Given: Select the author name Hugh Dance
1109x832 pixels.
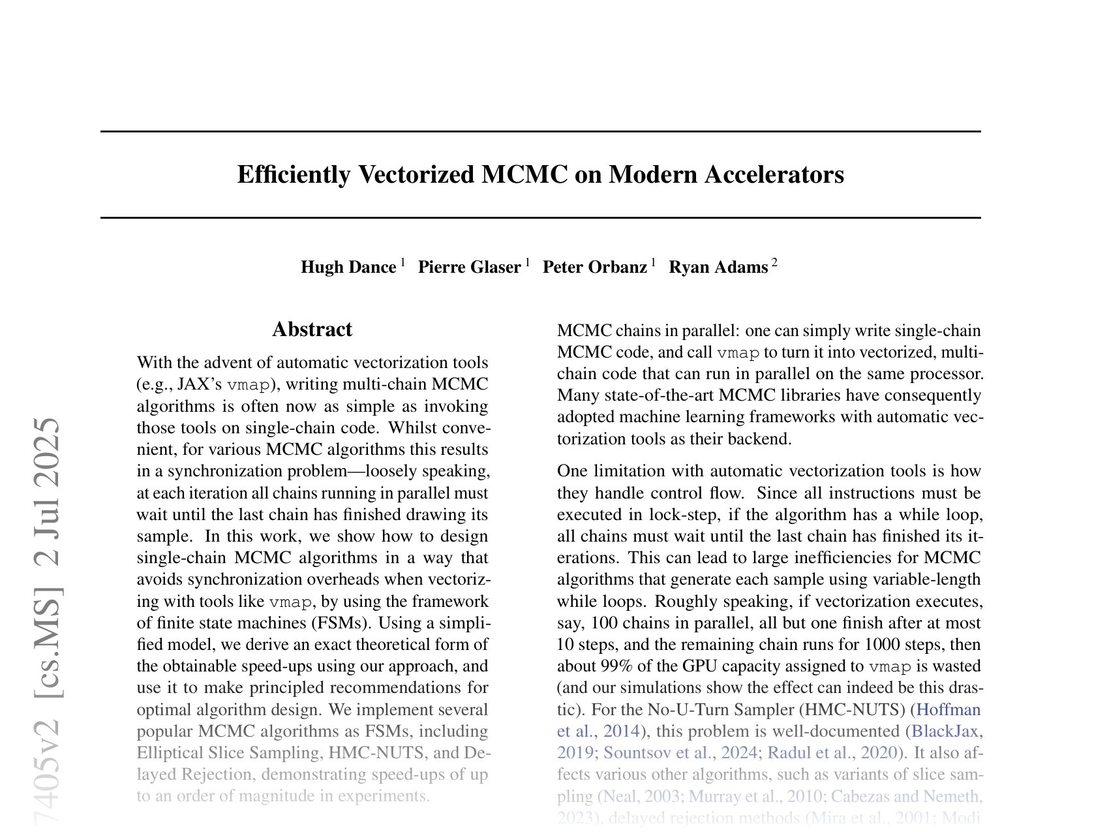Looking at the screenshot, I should pos(348,268).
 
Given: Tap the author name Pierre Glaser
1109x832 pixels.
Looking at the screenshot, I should pos(469,268).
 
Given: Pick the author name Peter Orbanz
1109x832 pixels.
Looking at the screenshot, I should pos(594,268).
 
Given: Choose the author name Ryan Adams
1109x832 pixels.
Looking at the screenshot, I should pos(718,268).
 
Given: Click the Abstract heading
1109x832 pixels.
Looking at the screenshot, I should pos(312,330).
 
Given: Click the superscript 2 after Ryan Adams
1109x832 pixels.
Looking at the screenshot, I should pos(774,263).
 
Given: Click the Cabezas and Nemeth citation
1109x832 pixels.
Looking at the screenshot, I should pos(905,797).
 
